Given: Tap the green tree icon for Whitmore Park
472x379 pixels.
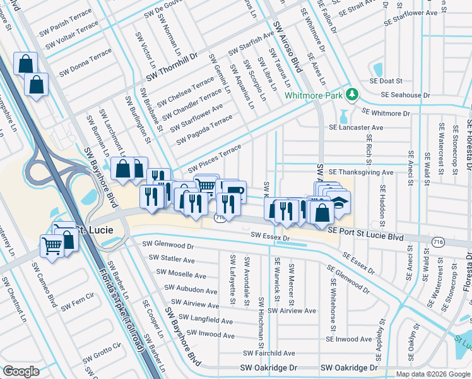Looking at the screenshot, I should coord(351,95).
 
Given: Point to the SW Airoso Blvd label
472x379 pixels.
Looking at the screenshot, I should coord(285,44).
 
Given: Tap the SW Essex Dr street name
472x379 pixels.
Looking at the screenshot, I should coord(270,236).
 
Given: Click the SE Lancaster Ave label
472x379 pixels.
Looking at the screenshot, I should coord(356,127).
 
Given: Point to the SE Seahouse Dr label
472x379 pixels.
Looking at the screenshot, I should coord(405,95).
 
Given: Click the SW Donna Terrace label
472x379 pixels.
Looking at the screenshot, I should coord(85,69).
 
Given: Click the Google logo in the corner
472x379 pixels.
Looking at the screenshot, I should coord(21,371).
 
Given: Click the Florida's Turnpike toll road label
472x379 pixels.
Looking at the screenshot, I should coord(124,303).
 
